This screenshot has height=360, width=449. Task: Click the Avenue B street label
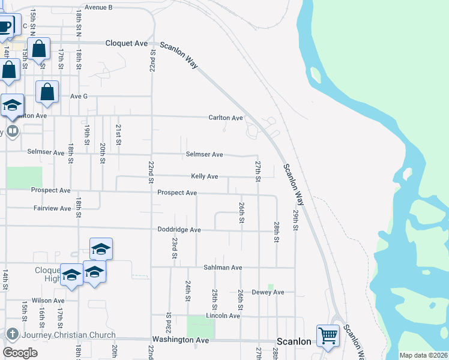point(98,7)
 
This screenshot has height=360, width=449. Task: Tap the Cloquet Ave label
point(126,43)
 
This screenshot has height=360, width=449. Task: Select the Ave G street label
point(79,96)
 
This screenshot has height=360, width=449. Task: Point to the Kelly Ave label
point(204,176)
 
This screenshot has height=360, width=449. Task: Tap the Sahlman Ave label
point(222,267)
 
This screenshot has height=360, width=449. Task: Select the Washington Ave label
point(180,340)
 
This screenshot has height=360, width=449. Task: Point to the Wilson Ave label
point(49,301)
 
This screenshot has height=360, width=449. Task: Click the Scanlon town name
point(294,341)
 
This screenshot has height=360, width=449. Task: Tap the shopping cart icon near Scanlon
point(328,335)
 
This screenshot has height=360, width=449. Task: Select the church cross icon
point(11,334)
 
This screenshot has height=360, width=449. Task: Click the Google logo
point(20,353)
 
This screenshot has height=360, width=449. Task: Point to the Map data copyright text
point(423,355)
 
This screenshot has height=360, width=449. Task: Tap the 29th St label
point(296,219)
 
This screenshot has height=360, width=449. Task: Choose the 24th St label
point(188,290)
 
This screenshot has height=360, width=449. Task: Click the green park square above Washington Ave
point(200,326)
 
